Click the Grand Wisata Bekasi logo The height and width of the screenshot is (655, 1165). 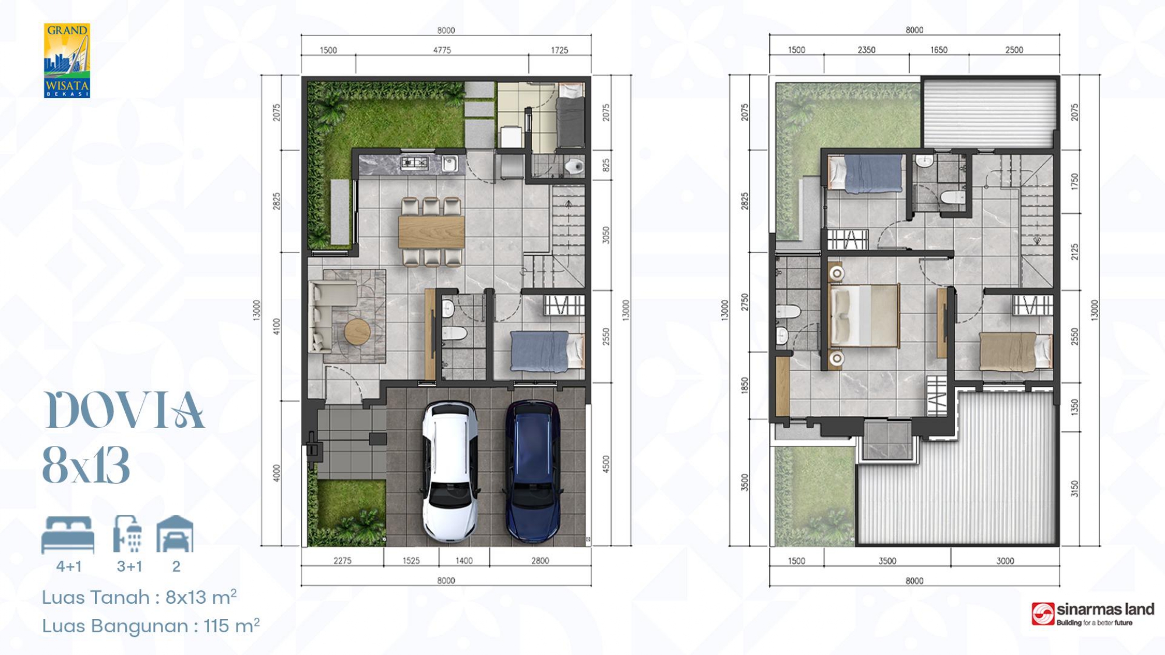[67, 61]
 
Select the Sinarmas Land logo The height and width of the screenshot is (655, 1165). [1093, 614]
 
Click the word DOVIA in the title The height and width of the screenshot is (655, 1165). [124, 410]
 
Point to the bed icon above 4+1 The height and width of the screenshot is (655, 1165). [68, 534]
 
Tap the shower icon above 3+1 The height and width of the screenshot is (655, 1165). [128, 534]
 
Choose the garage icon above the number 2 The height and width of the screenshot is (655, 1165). [175, 534]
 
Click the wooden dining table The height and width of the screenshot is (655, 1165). [432, 232]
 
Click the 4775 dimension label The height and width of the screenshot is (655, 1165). [442, 50]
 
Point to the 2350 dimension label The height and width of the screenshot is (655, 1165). [866, 50]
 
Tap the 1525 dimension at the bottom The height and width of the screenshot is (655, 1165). [411, 561]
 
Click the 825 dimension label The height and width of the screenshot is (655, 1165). [606, 165]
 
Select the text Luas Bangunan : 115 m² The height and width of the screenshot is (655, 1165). [151, 625]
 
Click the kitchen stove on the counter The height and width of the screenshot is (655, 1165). [415, 163]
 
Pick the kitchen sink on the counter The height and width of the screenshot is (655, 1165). [449, 164]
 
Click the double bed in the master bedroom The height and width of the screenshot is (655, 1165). [864, 315]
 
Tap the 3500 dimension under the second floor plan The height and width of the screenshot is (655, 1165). [887, 561]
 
